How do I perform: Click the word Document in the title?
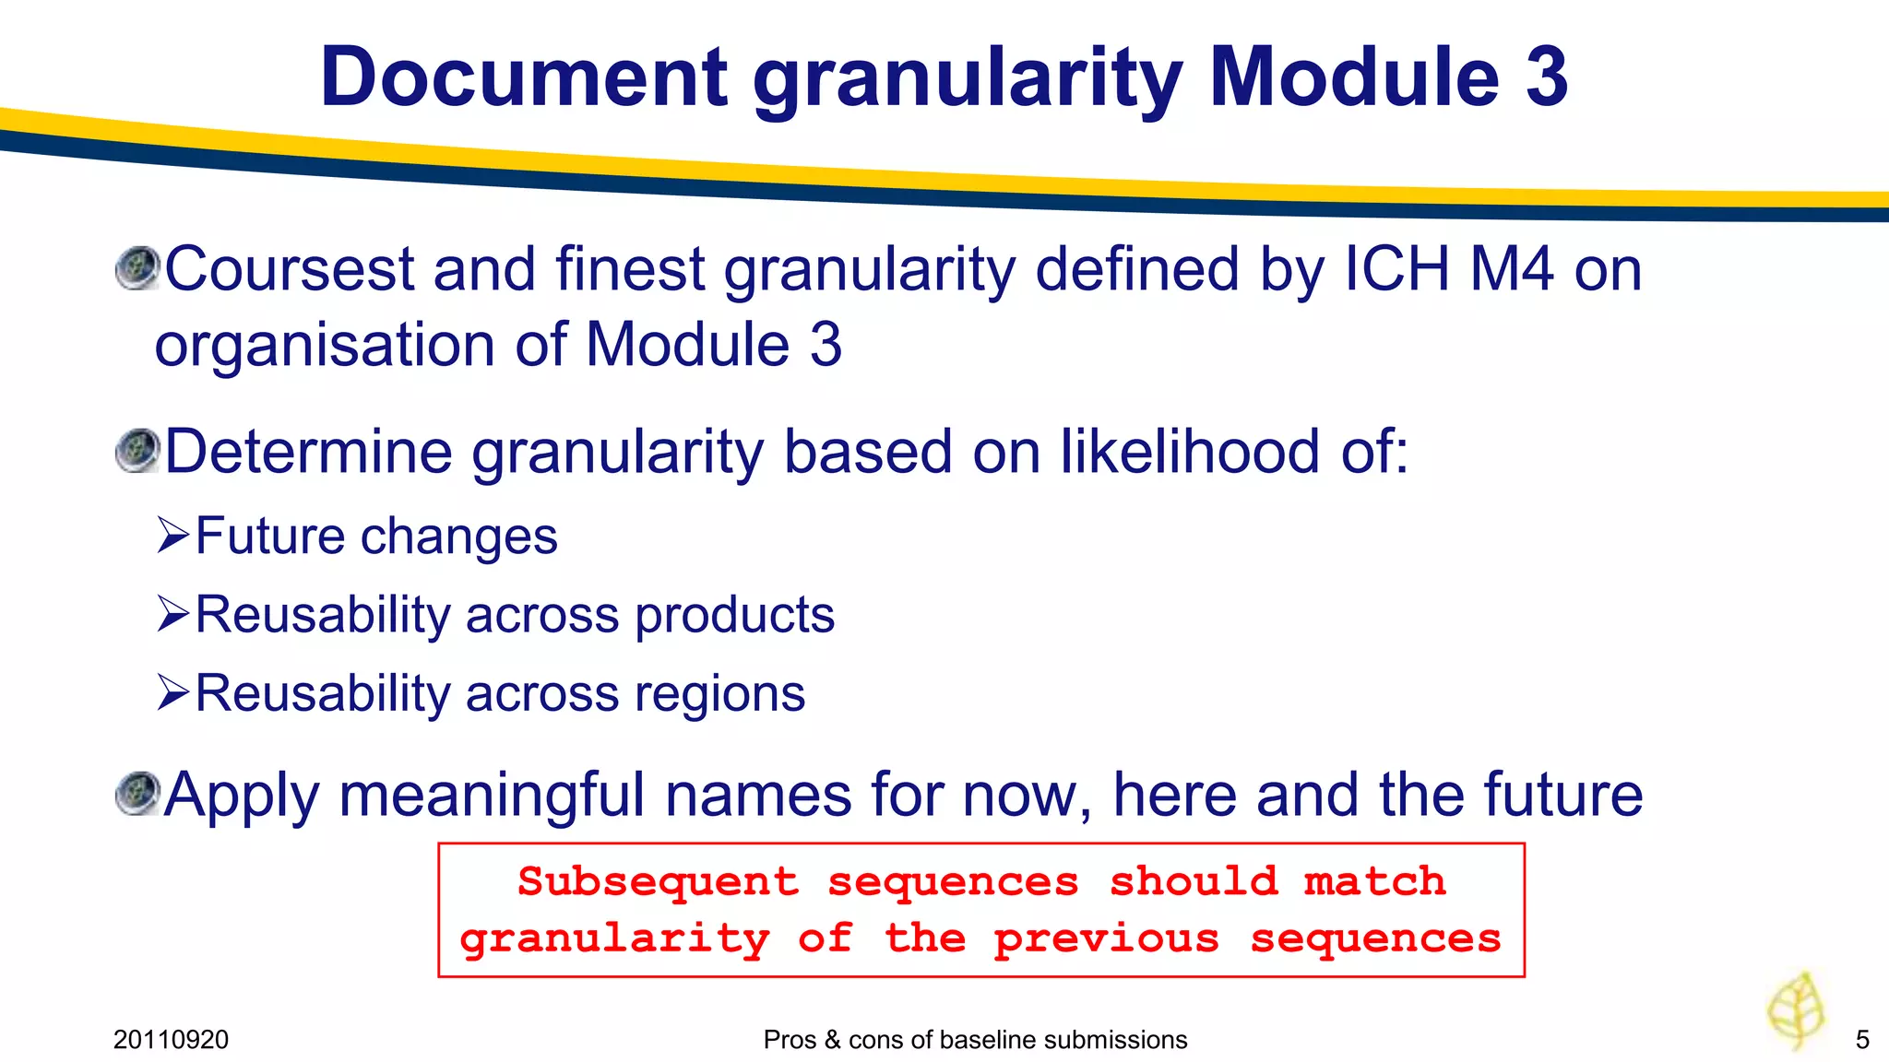pos(524,77)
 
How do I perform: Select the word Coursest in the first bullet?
pos(290,269)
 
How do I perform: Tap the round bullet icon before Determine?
pos(138,451)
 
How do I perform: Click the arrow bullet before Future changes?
pos(173,535)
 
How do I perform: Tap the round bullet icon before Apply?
pos(138,794)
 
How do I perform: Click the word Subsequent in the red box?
pos(658,882)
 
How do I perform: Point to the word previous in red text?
pos(1106,939)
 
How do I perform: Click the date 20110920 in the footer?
pos(171,1040)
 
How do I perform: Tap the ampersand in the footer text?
pos(832,1040)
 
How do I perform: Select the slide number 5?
pos(1862,1040)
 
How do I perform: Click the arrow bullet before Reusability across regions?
pos(173,692)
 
